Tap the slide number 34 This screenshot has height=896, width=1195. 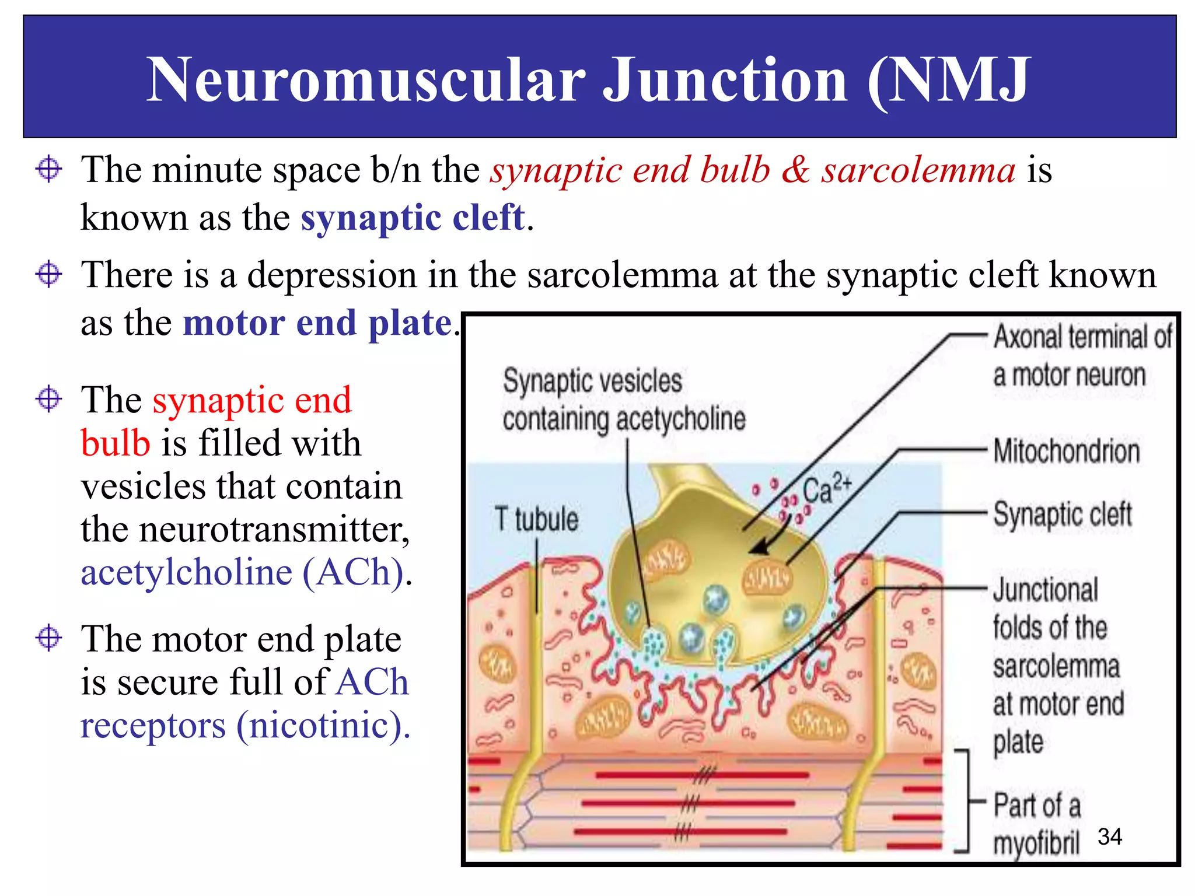click(x=1109, y=836)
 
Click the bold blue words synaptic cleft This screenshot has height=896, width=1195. click(x=413, y=218)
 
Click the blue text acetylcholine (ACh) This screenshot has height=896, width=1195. click(x=242, y=572)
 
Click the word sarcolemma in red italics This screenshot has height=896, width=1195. click(x=918, y=170)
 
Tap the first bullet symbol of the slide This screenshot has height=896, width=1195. click(x=48, y=170)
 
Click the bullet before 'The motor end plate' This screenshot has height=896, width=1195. click(x=48, y=637)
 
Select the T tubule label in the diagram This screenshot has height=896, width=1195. click(x=536, y=519)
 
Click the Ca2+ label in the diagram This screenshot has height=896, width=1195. click(x=826, y=489)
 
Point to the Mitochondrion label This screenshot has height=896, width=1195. click(x=1066, y=451)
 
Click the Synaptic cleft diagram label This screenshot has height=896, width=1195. click(x=1062, y=514)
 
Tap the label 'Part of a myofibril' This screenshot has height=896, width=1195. click(x=1036, y=824)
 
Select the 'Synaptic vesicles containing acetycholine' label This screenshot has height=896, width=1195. click(x=623, y=400)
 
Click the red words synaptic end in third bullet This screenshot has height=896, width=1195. click(x=252, y=400)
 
